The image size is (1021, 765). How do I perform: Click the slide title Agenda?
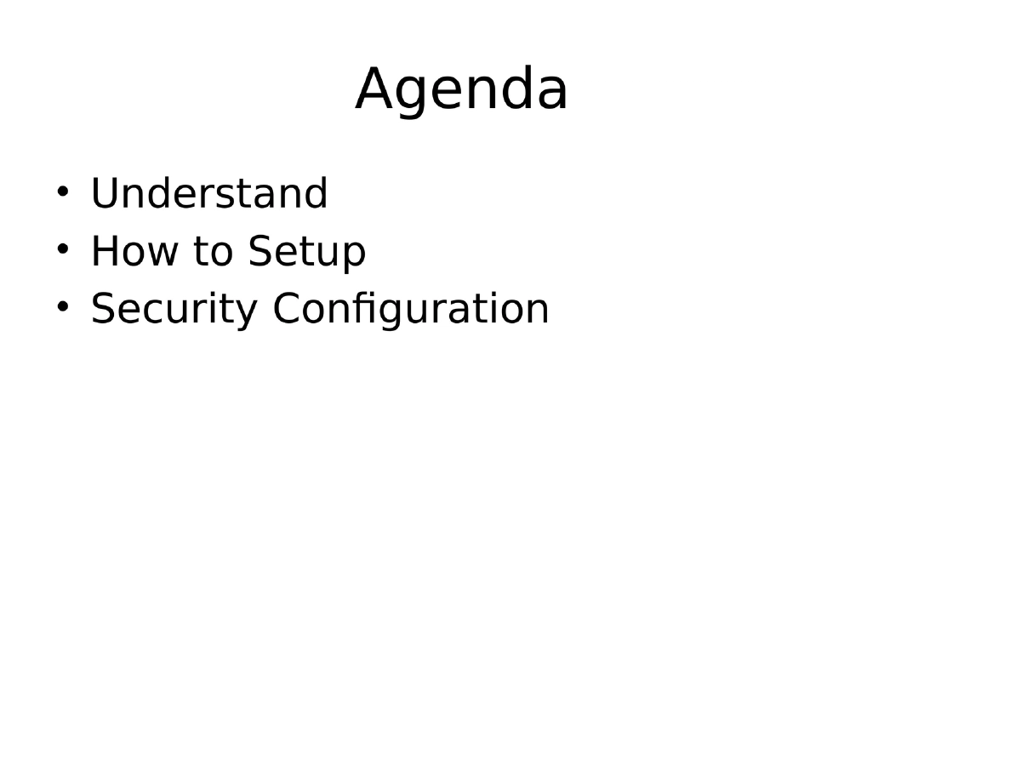pyautogui.click(x=461, y=89)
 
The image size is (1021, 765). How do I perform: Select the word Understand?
pyautogui.click(x=208, y=194)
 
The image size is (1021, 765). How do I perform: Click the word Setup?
pyautogui.click(x=307, y=252)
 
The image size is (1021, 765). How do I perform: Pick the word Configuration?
pyautogui.click(x=411, y=309)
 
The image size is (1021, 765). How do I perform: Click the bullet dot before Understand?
pyautogui.click(x=62, y=191)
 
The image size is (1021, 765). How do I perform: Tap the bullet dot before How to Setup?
pyautogui.click(x=62, y=248)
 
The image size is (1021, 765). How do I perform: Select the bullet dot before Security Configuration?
pyautogui.click(x=62, y=305)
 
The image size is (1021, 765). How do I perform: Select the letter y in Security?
pyautogui.click(x=246, y=313)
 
